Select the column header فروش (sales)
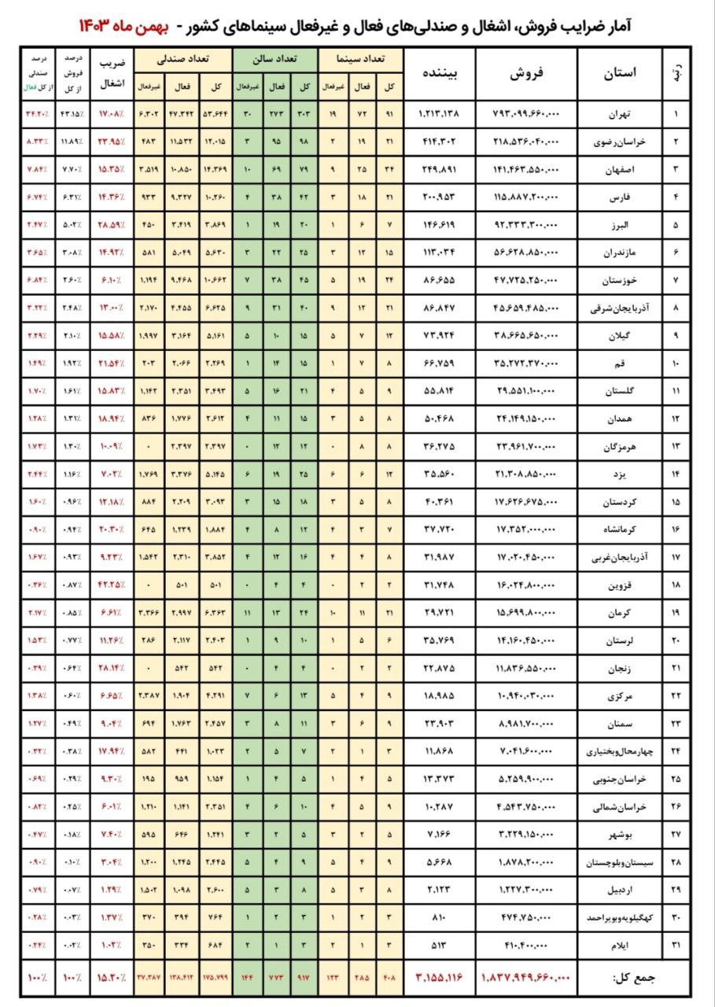point(526,73)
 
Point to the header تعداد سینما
point(360,59)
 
